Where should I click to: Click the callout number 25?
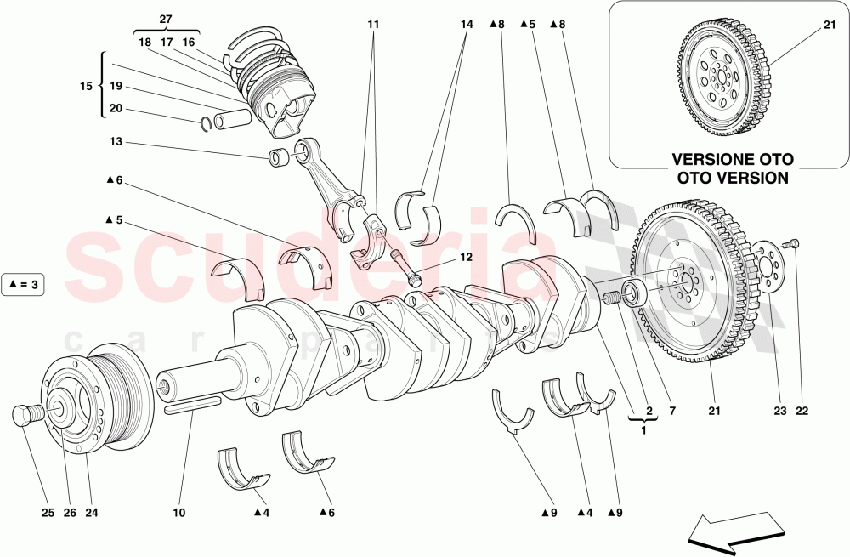click(x=48, y=512)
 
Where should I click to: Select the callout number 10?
click(x=178, y=512)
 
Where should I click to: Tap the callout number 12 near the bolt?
click(x=466, y=256)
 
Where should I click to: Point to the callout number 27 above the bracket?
click(x=165, y=18)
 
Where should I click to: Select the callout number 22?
click(x=802, y=412)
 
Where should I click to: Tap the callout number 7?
click(x=671, y=412)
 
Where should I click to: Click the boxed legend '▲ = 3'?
click(x=23, y=284)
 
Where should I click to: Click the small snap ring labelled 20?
click(x=207, y=127)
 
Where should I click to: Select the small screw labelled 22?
click(x=794, y=245)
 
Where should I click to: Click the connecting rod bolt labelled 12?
click(x=405, y=268)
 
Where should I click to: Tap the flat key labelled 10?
click(x=193, y=402)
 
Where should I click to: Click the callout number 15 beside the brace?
click(x=85, y=86)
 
